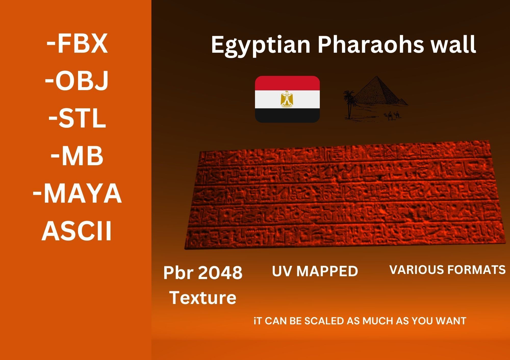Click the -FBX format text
tap(77, 44)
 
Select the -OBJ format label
tap(77, 81)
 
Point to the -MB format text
tap(77, 156)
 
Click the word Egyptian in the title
tap(260, 45)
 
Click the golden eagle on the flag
tap(287, 99)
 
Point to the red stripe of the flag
tap(287, 82)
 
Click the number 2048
tap(220, 273)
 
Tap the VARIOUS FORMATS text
tap(447, 270)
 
